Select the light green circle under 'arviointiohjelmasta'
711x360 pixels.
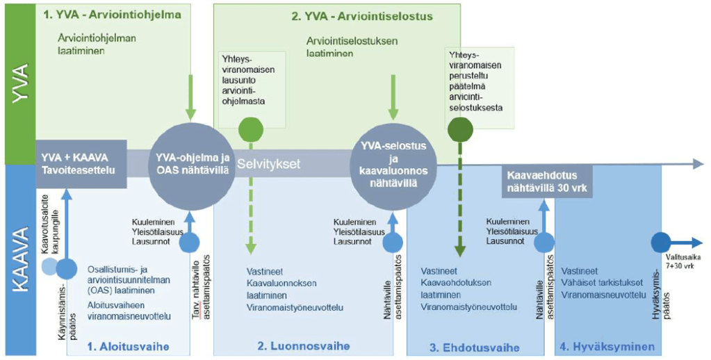coord(250,130)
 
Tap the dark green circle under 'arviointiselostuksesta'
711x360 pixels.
coord(459,129)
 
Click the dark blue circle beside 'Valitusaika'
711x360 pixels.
coord(660,243)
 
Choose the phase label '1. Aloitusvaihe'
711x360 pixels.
coord(127,346)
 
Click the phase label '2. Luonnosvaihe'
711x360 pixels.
coord(303,346)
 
